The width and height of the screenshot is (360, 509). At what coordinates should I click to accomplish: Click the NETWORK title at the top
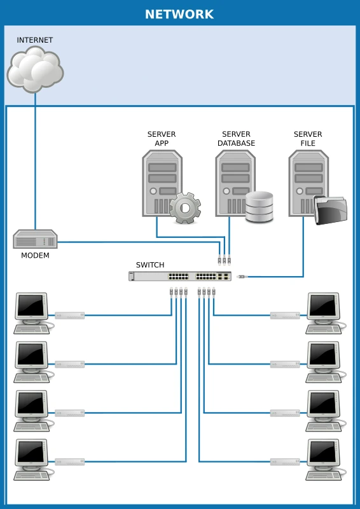179,14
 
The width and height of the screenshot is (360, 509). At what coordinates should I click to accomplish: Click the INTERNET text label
35,40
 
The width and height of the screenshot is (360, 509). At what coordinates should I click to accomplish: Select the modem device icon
35,240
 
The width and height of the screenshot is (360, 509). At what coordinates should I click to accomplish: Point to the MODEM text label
35,256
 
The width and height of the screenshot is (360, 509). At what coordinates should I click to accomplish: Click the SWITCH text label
150,265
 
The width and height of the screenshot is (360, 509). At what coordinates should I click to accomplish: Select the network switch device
180,276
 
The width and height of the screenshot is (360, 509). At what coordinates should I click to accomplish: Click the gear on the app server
185,207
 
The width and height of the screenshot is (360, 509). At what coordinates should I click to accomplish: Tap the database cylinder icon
259,207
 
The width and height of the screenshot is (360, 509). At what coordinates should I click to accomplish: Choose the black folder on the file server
331,210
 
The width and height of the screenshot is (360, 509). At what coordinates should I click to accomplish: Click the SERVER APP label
162,139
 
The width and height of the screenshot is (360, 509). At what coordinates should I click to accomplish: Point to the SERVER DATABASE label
236,139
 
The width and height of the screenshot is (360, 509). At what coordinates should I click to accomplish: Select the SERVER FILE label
308,139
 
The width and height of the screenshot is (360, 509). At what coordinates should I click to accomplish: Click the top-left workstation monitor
31,306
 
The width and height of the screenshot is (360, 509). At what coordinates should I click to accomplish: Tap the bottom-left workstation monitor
31,452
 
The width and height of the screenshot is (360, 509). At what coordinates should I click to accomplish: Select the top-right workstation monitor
324,306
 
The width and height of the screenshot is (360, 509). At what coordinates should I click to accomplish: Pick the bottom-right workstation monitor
324,452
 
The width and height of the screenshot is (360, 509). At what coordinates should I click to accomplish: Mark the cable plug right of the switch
242,277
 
